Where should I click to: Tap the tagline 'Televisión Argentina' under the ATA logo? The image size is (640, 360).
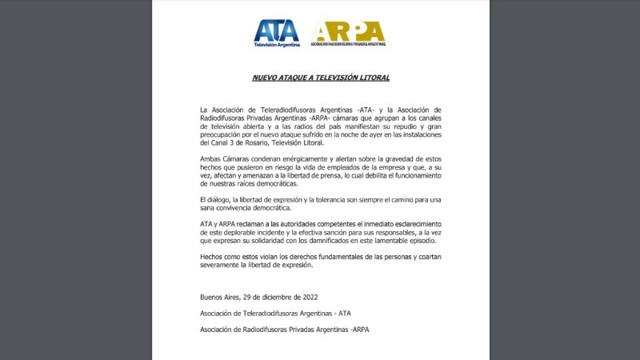pyautogui.click(x=277, y=45)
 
